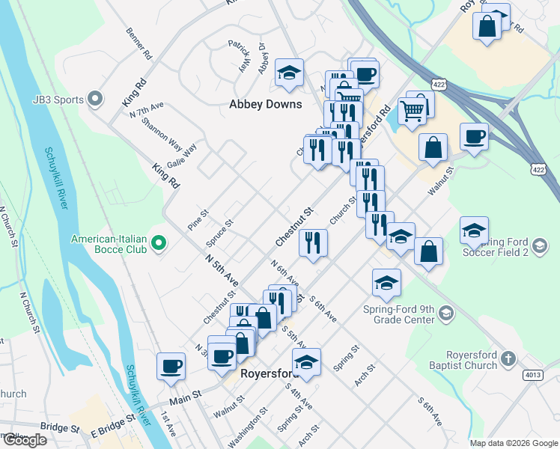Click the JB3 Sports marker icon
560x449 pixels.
coord(95,99)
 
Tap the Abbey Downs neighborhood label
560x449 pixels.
coord(265,105)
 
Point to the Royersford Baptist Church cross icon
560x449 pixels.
coord(508,358)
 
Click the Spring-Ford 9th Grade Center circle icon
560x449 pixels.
coord(446,312)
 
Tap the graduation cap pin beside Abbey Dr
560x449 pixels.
coord(289,73)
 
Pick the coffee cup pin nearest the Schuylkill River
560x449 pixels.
coord(171,366)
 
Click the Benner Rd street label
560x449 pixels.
coord(140,45)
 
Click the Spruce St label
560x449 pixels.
coord(219,233)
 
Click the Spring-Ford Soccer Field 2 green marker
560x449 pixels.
coord(538,244)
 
